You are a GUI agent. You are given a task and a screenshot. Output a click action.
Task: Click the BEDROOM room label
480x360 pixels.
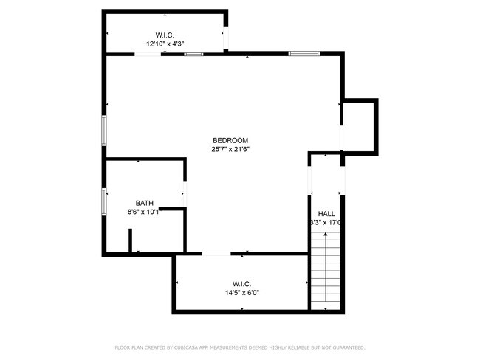click(230, 140)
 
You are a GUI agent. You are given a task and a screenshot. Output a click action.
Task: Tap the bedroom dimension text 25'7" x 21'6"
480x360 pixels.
click(230, 149)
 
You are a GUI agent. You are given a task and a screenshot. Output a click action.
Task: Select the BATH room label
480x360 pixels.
click(144, 203)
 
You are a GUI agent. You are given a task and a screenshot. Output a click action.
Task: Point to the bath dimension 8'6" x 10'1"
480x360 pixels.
click(144, 212)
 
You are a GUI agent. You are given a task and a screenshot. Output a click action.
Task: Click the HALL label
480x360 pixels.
click(326, 213)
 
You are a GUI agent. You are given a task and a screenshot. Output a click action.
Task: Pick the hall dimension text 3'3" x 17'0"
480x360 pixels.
click(326, 222)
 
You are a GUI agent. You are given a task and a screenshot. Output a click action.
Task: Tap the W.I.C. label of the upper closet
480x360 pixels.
click(165, 35)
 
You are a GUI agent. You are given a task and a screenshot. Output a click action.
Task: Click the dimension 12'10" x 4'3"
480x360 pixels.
click(165, 44)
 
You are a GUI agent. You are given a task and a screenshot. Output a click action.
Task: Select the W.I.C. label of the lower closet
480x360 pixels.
click(241, 283)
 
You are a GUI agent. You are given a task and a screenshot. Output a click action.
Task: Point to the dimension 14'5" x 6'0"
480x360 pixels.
click(241, 292)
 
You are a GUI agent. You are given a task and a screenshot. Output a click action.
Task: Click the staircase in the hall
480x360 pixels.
click(326, 269)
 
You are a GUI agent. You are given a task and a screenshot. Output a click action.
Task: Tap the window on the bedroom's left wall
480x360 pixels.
click(104, 131)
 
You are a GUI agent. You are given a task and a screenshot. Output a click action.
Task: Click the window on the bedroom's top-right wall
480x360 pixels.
click(304, 53)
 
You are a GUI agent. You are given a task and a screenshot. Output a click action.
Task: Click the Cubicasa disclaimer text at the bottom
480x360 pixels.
click(240, 347)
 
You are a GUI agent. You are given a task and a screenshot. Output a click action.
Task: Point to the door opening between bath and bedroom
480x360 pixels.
click(184, 194)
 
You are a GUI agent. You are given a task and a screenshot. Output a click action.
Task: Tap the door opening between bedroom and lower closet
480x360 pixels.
click(216, 254)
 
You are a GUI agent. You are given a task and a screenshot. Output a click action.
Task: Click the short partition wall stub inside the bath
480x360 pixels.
click(130, 241)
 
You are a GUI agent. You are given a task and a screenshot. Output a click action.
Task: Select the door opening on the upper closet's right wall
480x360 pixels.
click(227, 35)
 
